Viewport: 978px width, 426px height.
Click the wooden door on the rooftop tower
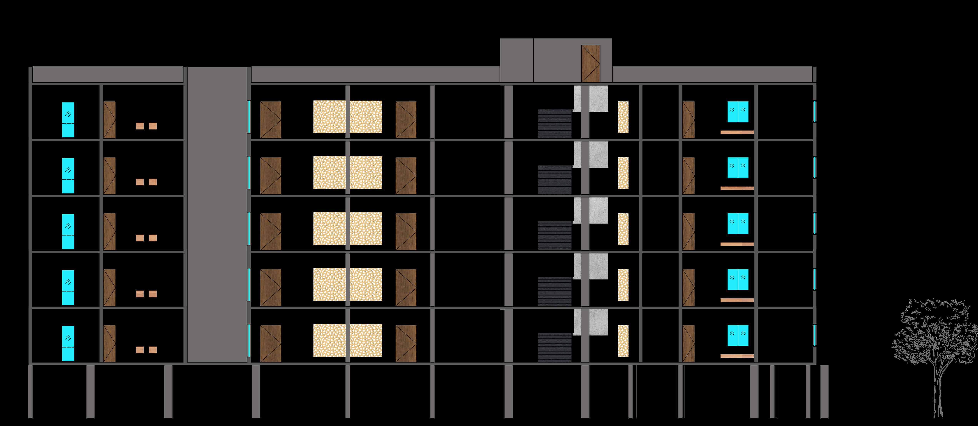tap(591, 63)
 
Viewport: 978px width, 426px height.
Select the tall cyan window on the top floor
tap(68, 120)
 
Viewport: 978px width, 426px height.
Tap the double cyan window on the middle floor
tap(738, 224)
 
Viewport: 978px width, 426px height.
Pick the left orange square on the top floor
tap(140, 126)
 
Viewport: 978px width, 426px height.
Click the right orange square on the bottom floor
tap(153, 350)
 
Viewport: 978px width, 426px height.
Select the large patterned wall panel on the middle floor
tap(347, 229)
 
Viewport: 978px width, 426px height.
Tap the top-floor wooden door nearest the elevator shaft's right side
tap(270, 120)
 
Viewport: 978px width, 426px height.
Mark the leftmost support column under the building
tap(30, 391)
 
